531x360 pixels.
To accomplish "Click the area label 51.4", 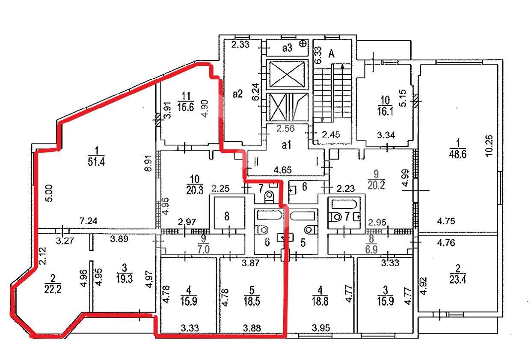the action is (x=96, y=162).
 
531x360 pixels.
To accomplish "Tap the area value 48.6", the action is (x=457, y=155).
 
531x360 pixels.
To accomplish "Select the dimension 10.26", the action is (x=489, y=146).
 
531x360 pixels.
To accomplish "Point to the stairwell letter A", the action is (x=332, y=54).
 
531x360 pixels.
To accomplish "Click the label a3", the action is (x=287, y=48).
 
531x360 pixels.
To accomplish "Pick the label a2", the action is (x=237, y=94).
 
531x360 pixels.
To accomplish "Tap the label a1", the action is (x=286, y=145).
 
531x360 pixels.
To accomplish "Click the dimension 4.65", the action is (x=282, y=170).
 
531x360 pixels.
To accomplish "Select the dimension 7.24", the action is (x=89, y=221).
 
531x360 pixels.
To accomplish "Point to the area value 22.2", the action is (x=53, y=289).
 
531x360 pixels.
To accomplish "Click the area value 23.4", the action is (x=457, y=280).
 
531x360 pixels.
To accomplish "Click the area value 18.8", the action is (x=320, y=301).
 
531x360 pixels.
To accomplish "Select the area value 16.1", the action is (x=385, y=111).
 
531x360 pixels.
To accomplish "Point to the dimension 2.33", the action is (x=240, y=45).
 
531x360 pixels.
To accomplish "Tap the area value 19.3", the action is (x=125, y=279).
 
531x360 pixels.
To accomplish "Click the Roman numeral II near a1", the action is (x=256, y=162).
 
